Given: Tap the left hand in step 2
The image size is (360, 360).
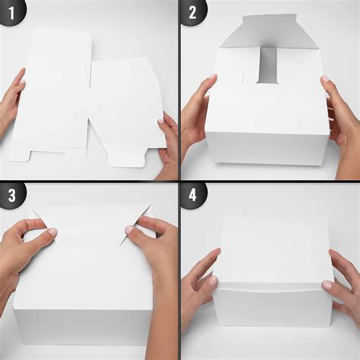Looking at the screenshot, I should click(x=193, y=114).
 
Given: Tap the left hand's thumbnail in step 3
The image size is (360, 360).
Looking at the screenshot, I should click(x=52, y=232).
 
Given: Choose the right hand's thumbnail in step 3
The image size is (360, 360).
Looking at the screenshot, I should click(x=130, y=229).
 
